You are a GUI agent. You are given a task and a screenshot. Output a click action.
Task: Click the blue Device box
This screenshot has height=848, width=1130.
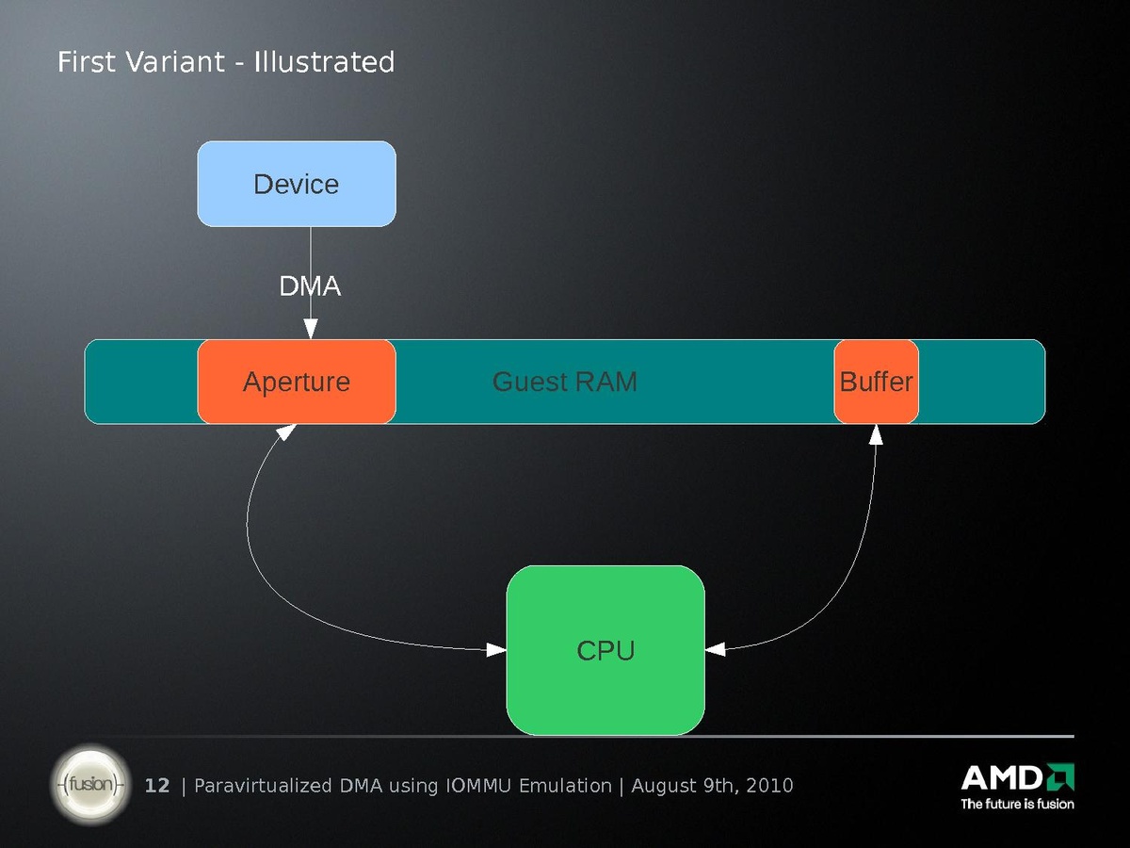click(296, 184)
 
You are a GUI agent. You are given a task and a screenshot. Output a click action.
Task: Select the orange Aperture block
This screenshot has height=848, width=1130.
click(296, 382)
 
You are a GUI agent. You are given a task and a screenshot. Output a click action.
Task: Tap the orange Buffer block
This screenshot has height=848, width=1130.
click(876, 382)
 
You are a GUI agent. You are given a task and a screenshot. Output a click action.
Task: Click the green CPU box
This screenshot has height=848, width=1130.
click(605, 650)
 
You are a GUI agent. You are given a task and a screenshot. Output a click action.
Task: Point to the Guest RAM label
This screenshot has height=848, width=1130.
click(565, 382)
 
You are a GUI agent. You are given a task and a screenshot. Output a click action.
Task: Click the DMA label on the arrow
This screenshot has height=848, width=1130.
click(310, 286)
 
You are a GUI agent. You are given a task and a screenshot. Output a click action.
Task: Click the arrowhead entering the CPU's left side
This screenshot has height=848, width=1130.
click(495, 649)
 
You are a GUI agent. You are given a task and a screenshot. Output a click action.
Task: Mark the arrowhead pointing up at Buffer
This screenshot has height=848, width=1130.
click(876, 434)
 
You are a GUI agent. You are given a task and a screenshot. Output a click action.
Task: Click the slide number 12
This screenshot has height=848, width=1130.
click(157, 786)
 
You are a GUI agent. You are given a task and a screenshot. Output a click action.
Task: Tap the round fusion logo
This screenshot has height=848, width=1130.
click(90, 784)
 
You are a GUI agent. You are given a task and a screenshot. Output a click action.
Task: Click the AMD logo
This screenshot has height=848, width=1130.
click(1017, 778)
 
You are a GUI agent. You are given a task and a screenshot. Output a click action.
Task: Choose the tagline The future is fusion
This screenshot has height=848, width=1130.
click(1017, 804)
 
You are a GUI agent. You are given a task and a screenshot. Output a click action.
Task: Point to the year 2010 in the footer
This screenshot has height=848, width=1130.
click(768, 786)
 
